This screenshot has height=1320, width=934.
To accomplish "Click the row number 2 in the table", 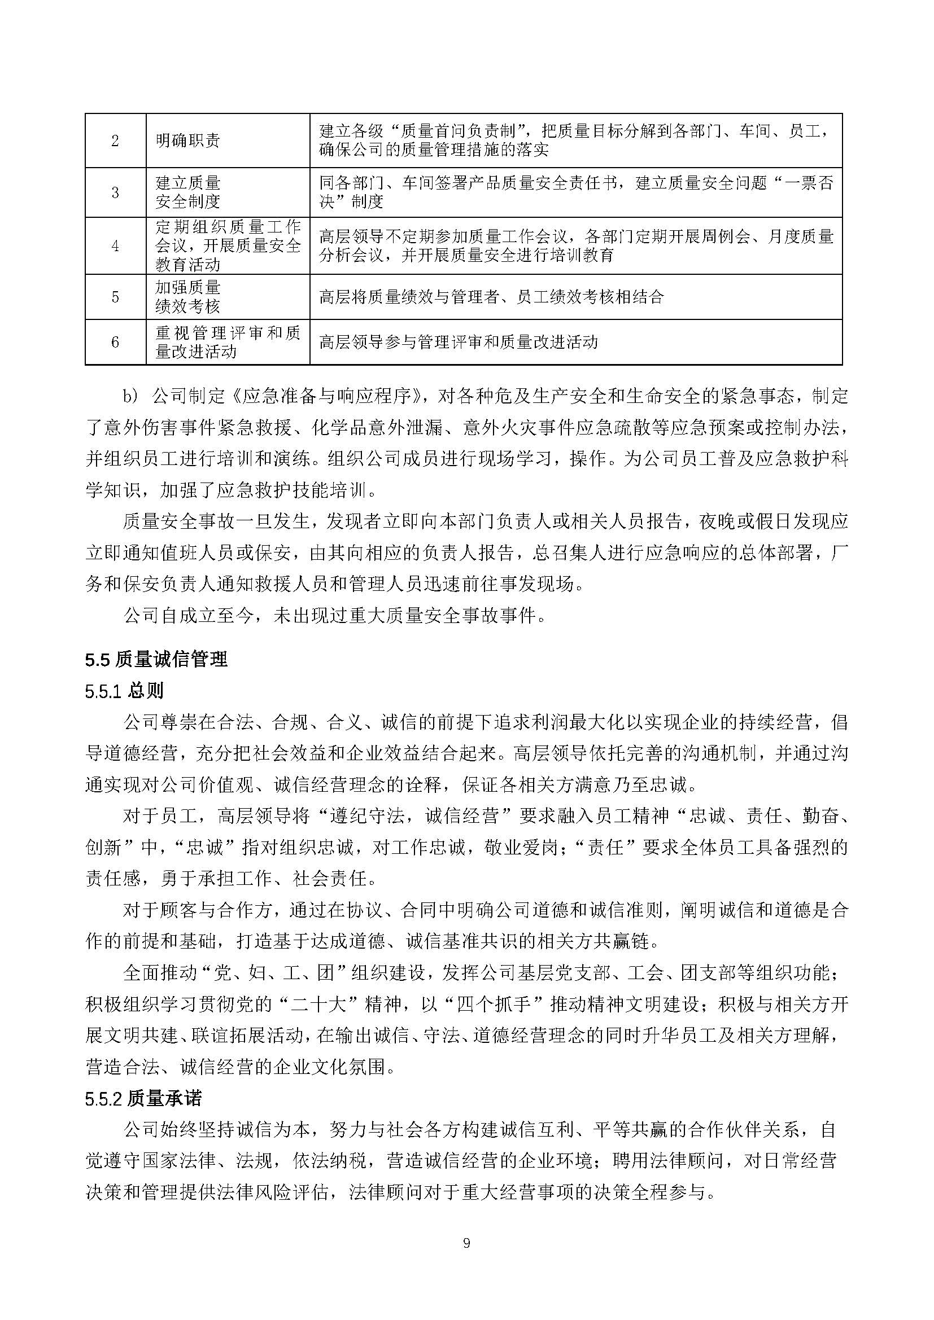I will coord(115,141).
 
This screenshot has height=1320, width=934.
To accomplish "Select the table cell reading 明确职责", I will coord(187,141).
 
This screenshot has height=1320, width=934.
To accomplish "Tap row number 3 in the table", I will coord(115,192).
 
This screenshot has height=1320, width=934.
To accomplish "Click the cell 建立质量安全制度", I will coord(187,192).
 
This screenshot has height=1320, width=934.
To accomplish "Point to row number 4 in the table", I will coord(115,245).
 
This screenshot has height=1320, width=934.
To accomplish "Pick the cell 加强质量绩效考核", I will coord(187,297).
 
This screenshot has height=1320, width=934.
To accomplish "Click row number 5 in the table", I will coord(115,297).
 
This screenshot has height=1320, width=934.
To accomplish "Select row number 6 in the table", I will coord(115,342).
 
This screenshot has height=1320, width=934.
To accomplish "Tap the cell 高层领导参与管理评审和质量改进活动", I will coord(459,343).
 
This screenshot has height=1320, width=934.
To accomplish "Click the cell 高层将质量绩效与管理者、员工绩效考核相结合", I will coord(491,297).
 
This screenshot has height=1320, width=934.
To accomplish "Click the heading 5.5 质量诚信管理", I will coord(156,659).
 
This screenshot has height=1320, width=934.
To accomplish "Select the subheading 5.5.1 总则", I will coord(124,690).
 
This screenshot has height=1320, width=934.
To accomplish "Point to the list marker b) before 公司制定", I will coord(130,397).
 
